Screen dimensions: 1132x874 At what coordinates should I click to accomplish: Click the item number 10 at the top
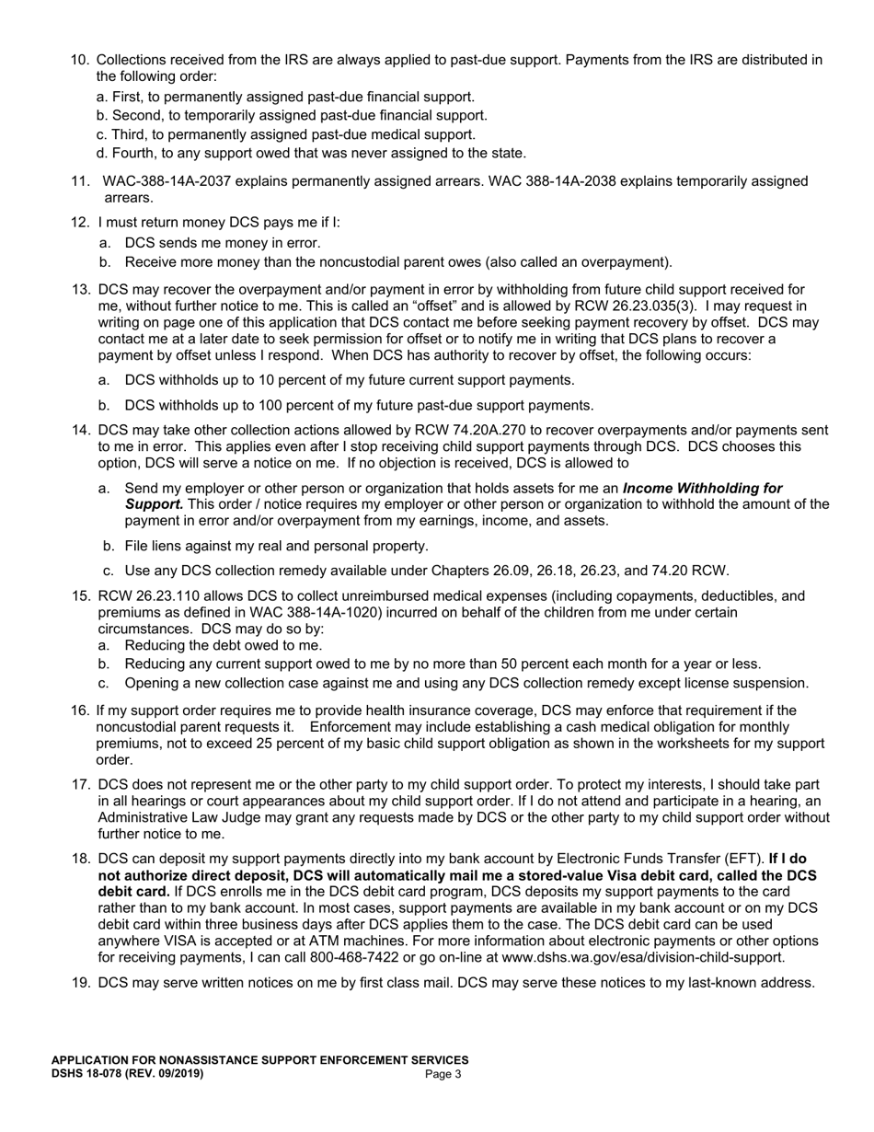(80, 60)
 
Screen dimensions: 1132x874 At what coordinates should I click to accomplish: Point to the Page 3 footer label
(443, 1074)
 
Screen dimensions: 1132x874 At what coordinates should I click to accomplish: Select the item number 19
(80, 982)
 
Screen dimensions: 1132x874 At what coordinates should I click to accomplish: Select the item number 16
(80, 710)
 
